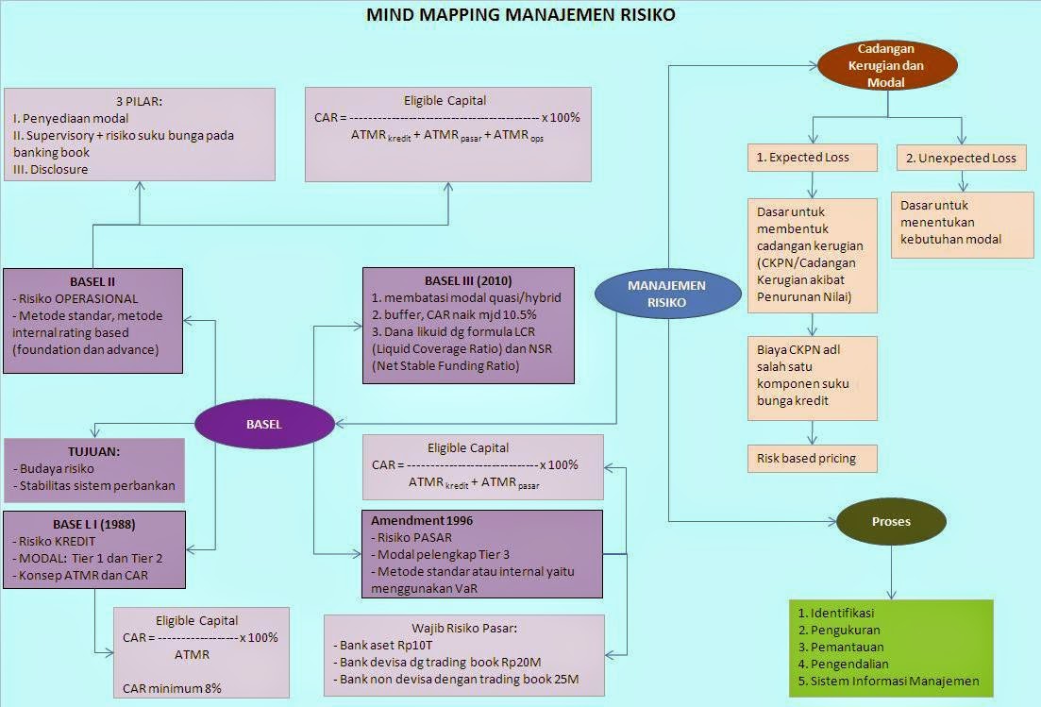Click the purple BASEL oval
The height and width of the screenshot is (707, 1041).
point(264,425)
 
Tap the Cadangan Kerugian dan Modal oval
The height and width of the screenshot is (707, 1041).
point(886,66)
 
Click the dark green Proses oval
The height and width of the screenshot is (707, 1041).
point(891,521)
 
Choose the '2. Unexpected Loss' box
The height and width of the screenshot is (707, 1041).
point(961,158)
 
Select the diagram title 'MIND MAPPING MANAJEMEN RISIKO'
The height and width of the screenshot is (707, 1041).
point(520,15)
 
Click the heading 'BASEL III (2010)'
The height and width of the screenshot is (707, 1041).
point(468,281)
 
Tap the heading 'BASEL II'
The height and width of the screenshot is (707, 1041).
point(92,281)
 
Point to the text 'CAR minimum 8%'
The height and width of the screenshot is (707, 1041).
point(172,688)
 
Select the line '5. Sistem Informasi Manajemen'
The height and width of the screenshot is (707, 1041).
point(888,681)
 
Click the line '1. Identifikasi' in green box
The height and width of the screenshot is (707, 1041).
point(836,613)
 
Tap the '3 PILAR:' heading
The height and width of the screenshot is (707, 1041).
point(139,102)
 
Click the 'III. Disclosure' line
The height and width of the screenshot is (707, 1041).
point(51,169)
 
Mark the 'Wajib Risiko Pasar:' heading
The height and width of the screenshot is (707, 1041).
point(463,628)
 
